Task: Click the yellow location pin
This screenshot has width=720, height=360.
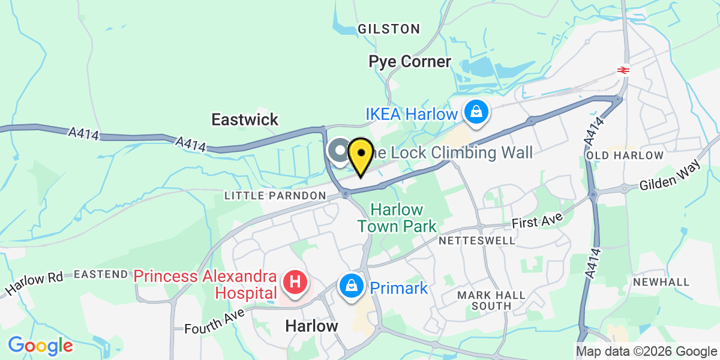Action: (x=361, y=155)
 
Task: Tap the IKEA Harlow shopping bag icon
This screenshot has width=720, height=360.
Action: (x=475, y=112)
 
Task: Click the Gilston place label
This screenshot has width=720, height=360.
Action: (x=389, y=29)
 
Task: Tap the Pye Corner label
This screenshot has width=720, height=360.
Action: (x=410, y=61)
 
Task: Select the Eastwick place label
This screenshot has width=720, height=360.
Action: (x=245, y=119)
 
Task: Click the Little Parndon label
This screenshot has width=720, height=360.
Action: (x=275, y=196)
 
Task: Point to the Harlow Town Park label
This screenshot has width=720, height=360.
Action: (x=397, y=218)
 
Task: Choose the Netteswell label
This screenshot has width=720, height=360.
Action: (x=477, y=241)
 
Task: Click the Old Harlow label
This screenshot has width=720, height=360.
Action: (x=626, y=155)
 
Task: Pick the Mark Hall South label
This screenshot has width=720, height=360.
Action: (x=491, y=300)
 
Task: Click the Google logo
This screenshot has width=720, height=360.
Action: (x=40, y=346)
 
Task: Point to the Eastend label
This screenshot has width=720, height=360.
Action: (x=101, y=274)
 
